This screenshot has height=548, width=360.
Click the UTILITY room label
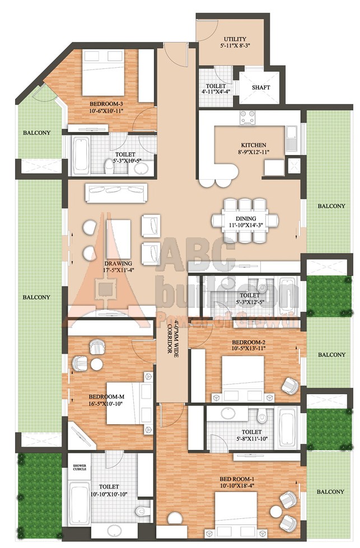(x=235, y=39)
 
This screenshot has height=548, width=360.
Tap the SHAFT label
(x=261, y=87)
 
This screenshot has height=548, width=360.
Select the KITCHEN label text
(x=254, y=144)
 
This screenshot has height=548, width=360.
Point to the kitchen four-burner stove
(x=247, y=117)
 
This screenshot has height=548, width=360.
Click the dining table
(x=245, y=221)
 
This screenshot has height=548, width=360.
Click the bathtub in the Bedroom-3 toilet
(x=81, y=156)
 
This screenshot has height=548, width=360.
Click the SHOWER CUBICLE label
(x=80, y=467)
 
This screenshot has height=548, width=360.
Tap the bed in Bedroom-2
(x=243, y=376)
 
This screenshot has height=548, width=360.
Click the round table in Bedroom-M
(x=97, y=364)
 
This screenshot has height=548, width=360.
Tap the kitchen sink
(x=291, y=139)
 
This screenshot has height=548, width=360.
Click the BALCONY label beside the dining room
(x=331, y=206)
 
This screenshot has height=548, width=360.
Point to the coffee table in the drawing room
(x=119, y=238)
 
